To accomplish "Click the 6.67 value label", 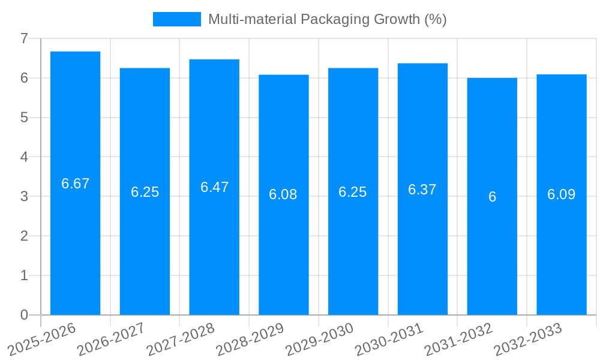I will pos(75,184).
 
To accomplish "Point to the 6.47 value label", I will pos(214,187).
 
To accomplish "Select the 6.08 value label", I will pos(283,194).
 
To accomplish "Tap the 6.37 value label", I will pos(422,190).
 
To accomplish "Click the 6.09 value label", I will pos(561,194).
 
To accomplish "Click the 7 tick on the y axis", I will pos(24,38).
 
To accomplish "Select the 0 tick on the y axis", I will pos(24,315).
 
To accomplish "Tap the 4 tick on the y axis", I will pos(24,157).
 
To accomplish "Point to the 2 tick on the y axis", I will pos(24,236).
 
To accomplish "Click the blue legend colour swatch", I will pos(177,19).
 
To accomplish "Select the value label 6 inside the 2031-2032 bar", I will pos(492,197).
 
